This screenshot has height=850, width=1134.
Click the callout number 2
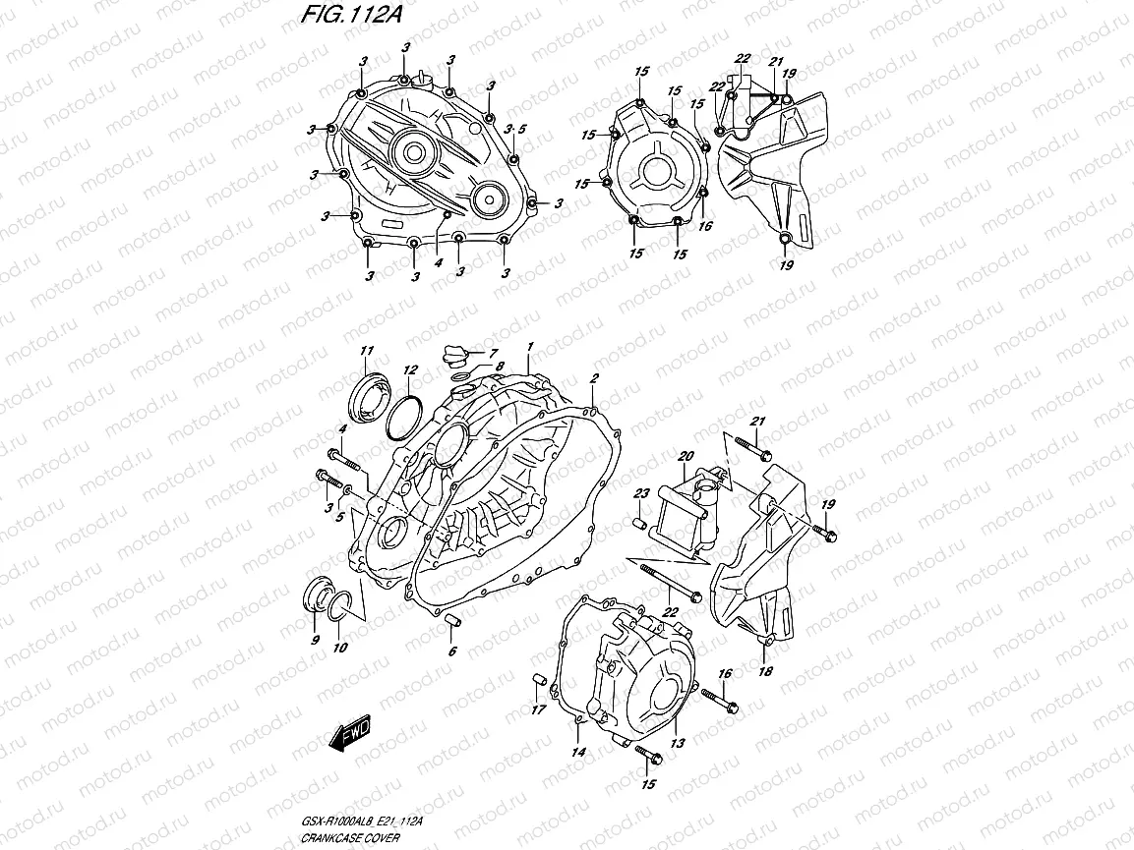(594, 378)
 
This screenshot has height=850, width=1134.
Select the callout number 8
(499, 367)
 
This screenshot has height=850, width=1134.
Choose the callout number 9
(316, 640)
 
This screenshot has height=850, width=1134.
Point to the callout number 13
(677, 745)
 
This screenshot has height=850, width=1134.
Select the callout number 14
(578, 753)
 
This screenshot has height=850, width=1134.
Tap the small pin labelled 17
(537, 680)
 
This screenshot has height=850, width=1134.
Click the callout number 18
(765, 672)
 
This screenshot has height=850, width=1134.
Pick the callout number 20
(686, 456)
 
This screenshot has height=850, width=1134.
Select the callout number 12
(410, 370)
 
